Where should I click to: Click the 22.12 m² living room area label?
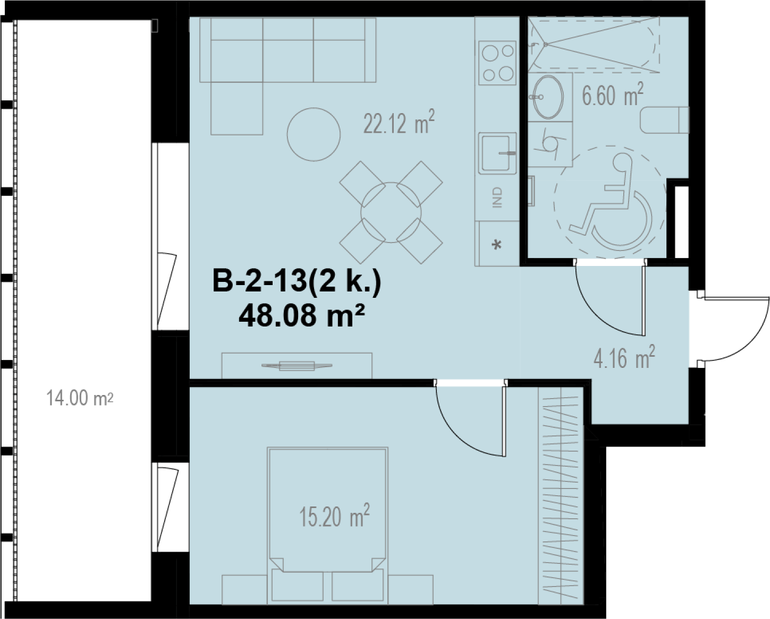(x=399, y=122)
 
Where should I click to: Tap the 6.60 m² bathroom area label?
(x=613, y=94)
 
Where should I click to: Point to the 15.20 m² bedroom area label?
(x=334, y=515)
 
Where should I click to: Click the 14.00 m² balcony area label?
(x=80, y=398)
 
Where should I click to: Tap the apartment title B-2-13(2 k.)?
(x=297, y=281)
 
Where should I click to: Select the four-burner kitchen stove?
(x=497, y=63)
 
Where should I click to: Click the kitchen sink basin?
(x=497, y=153)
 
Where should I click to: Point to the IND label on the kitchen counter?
(x=498, y=197)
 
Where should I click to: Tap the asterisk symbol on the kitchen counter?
(x=497, y=245)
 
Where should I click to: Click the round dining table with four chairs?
(x=391, y=212)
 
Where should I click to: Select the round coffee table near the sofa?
(x=314, y=134)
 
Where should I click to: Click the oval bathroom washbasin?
(x=548, y=97)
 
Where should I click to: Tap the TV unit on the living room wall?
(x=297, y=365)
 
